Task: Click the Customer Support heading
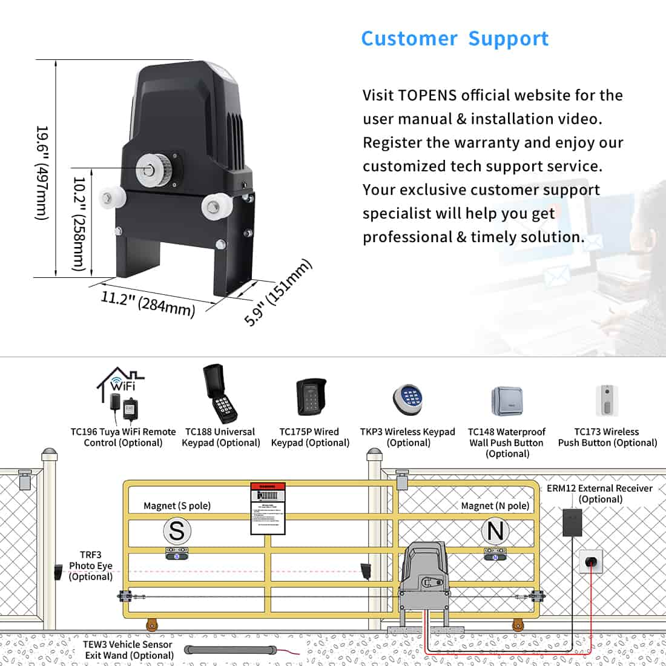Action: click(x=455, y=39)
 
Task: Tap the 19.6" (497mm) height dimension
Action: click(x=41, y=173)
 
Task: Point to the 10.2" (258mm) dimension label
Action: click(x=79, y=223)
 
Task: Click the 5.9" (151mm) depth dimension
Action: click(x=278, y=292)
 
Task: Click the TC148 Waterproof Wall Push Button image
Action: click(x=506, y=400)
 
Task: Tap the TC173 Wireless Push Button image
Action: click(x=607, y=400)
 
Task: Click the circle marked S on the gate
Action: click(x=177, y=531)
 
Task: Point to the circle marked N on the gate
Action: click(x=495, y=531)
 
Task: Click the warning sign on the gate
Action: click(x=267, y=509)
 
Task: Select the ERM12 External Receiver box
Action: click(x=572, y=523)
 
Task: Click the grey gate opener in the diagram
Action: click(x=426, y=576)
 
